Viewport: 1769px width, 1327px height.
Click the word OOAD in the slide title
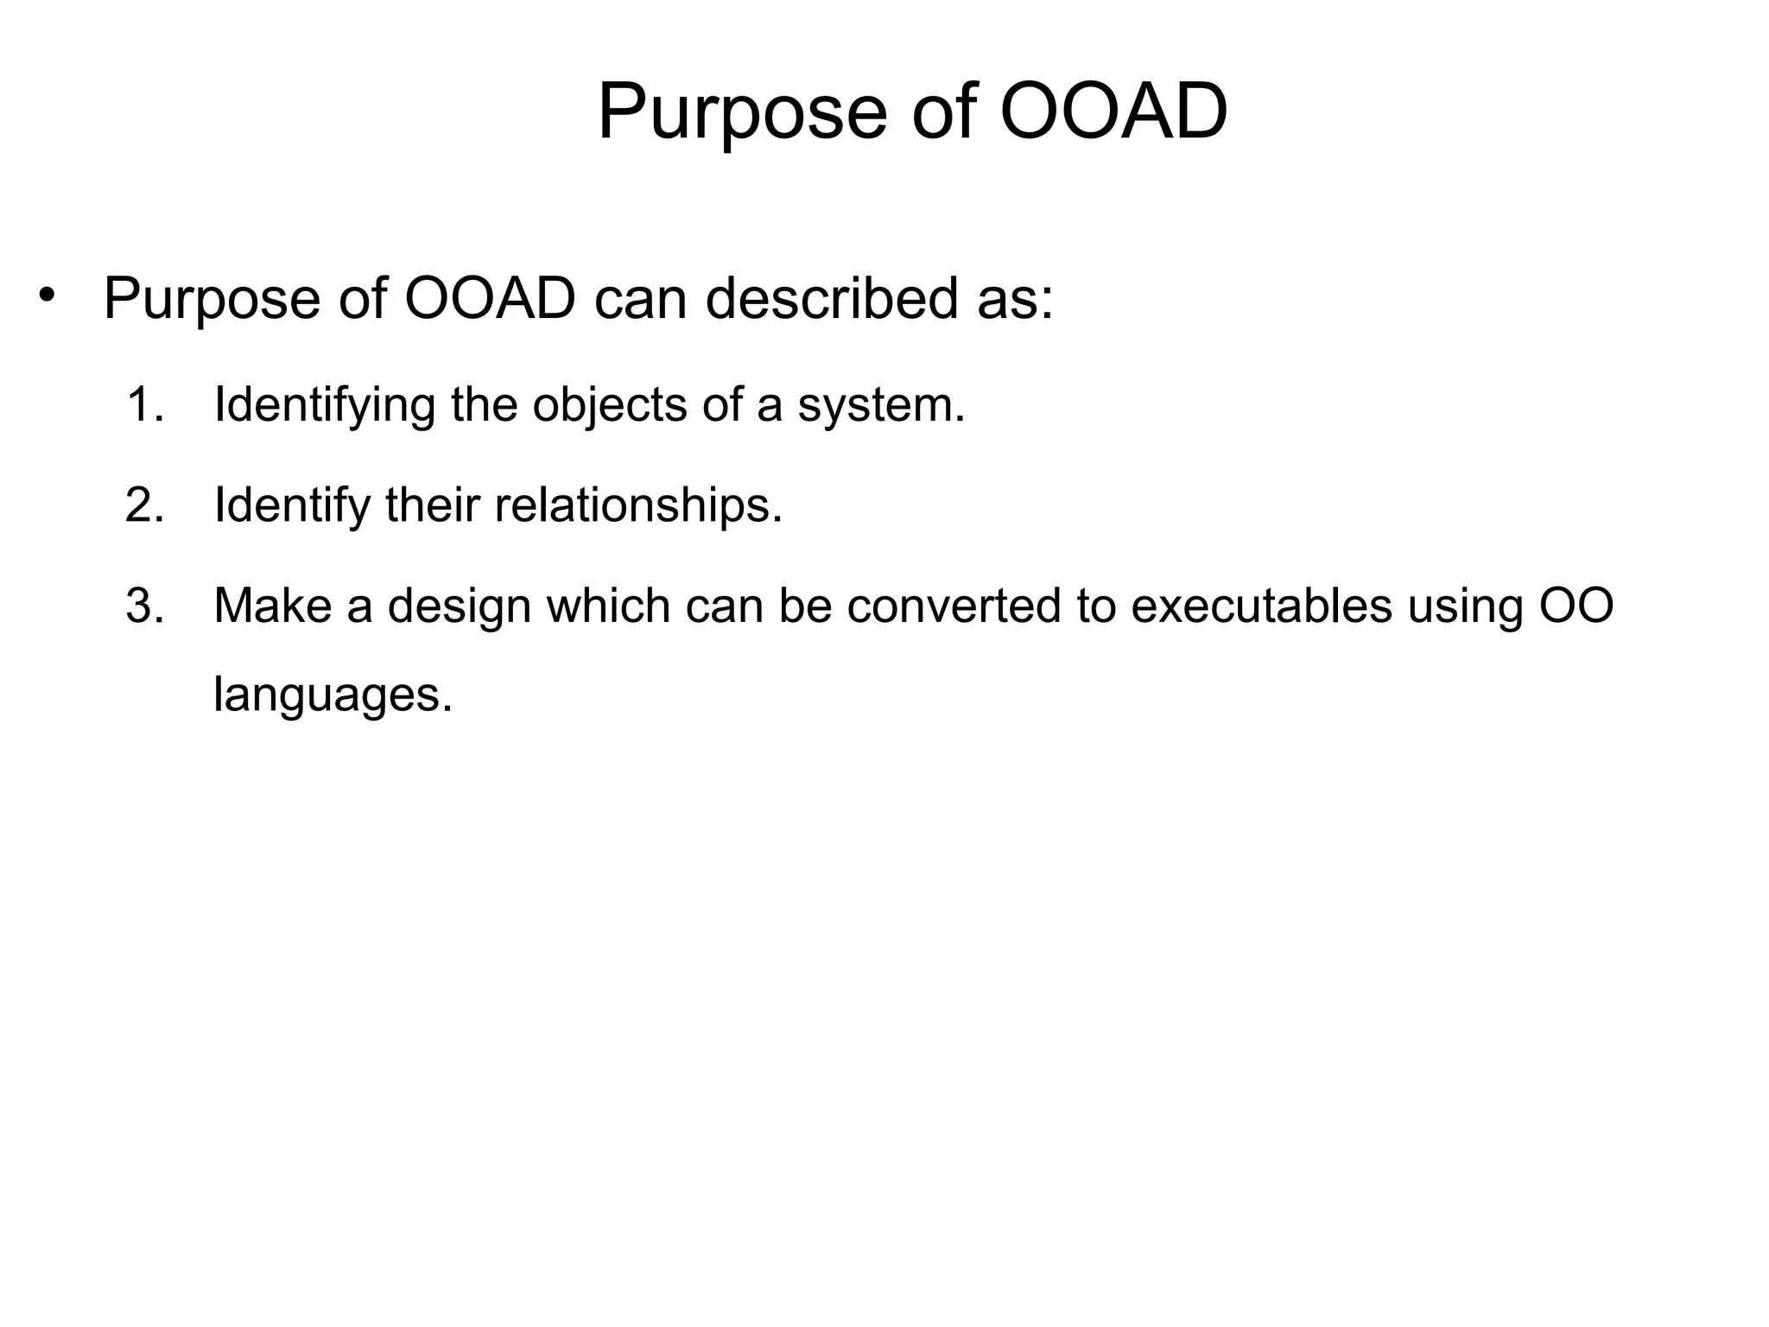pyautogui.click(x=1113, y=112)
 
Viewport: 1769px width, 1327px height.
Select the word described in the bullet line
pyautogui.click(x=831, y=299)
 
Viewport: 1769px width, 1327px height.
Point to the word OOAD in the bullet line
pyautogui.click(x=490, y=299)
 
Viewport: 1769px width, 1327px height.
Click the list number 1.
pyautogui.click(x=143, y=404)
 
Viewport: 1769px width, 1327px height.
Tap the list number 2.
pyautogui.click(x=143, y=505)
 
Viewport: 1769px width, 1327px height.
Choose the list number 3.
pyautogui.click(x=143, y=606)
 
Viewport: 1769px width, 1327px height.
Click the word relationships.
pyautogui.click(x=638, y=506)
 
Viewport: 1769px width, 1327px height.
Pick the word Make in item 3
pyautogui.click(x=272, y=606)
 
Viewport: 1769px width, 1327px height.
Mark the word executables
pyautogui.click(x=1261, y=606)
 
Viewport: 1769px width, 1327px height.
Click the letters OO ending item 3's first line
pyautogui.click(x=1576, y=606)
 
